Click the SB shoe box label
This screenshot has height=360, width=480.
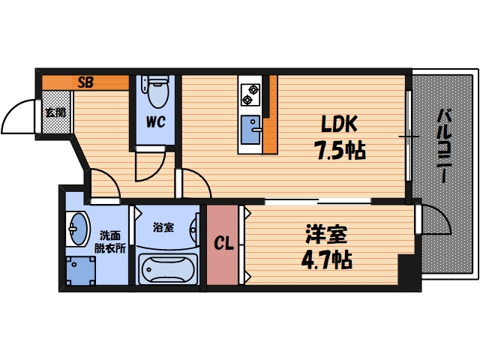click(85, 82)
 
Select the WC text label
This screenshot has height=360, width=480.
click(156, 121)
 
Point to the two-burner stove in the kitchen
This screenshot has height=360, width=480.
click(250, 94)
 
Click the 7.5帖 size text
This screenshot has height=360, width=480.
click(339, 151)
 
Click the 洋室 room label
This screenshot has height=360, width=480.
click(325, 235)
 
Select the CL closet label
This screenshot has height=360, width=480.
click(223, 244)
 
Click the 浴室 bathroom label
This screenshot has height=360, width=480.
click(163, 226)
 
